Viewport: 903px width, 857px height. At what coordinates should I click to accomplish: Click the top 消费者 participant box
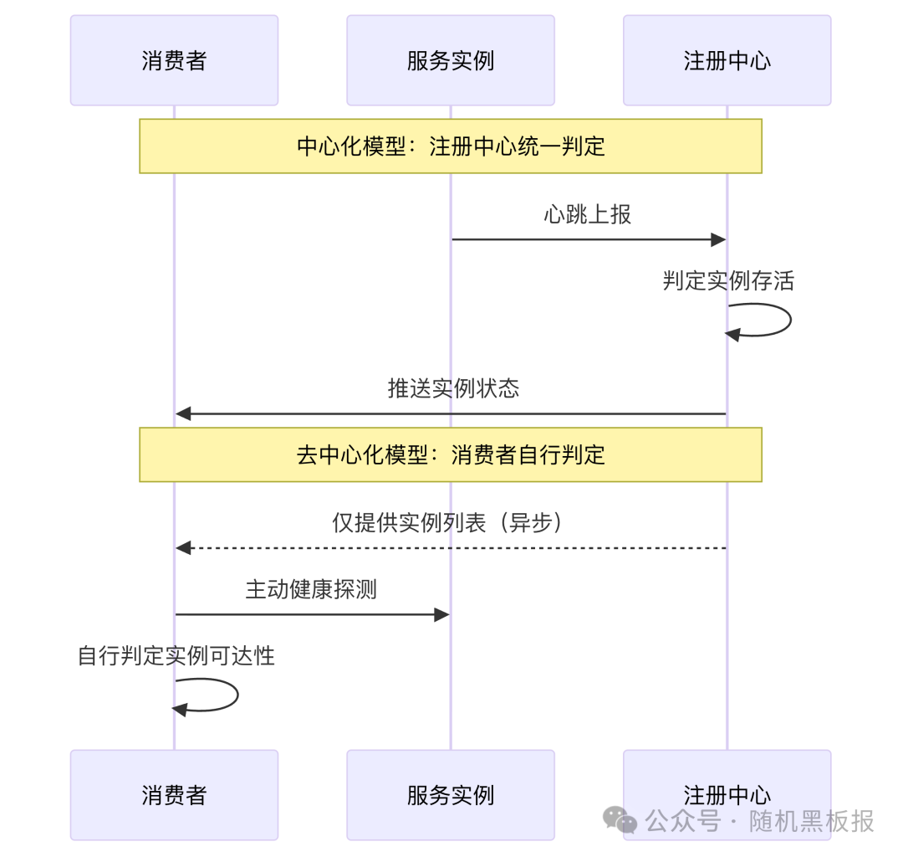(174, 60)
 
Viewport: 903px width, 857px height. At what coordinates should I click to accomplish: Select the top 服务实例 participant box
(451, 60)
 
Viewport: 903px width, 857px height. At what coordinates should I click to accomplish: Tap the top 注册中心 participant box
(727, 60)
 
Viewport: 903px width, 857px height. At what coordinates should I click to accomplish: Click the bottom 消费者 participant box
(174, 794)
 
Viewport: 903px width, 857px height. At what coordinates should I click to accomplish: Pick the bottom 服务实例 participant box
(451, 794)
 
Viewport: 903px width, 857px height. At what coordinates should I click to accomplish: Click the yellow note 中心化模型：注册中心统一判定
(451, 146)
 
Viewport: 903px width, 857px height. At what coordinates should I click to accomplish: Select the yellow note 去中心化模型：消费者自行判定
(451, 454)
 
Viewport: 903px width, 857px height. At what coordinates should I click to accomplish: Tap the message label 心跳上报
(588, 214)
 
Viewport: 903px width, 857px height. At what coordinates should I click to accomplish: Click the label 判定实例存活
(728, 280)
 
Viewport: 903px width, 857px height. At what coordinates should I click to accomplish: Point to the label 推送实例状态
(453, 387)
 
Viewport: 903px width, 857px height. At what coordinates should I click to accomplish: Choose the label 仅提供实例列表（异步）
(450, 522)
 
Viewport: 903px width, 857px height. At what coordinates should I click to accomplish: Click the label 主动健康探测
(311, 589)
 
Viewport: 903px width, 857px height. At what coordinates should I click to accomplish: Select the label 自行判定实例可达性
(176, 655)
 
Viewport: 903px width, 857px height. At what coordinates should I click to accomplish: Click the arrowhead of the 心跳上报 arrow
(717, 240)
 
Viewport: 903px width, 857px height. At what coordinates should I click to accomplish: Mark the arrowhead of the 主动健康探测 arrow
(441, 615)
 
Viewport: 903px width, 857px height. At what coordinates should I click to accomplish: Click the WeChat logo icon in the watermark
(620, 820)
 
